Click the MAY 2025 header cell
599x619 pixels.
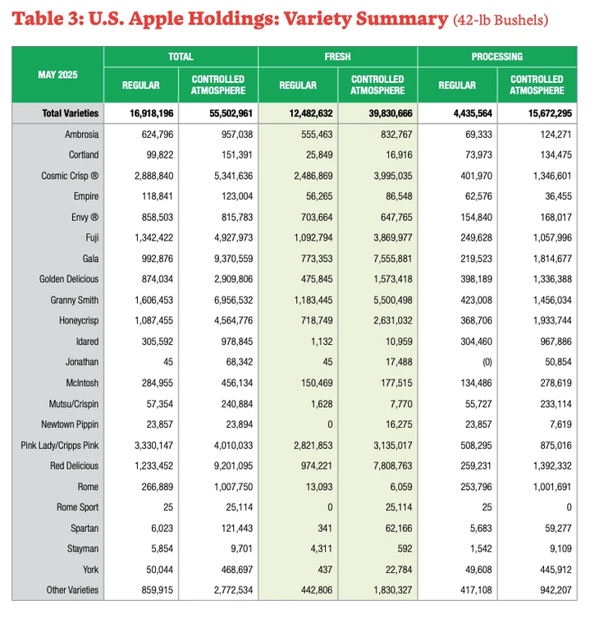(x=57, y=75)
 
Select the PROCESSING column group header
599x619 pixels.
(x=496, y=57)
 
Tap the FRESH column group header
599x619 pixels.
(x=337, y=57)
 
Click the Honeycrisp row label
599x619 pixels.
(x=79, y=320)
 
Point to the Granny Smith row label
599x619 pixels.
(x=74, y=300)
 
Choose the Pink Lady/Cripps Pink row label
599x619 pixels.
(x=59, y=445)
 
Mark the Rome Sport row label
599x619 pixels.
(x=77, y=507)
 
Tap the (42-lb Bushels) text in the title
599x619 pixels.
(x=501, y=20)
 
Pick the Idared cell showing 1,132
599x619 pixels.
(x=301, y=341)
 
